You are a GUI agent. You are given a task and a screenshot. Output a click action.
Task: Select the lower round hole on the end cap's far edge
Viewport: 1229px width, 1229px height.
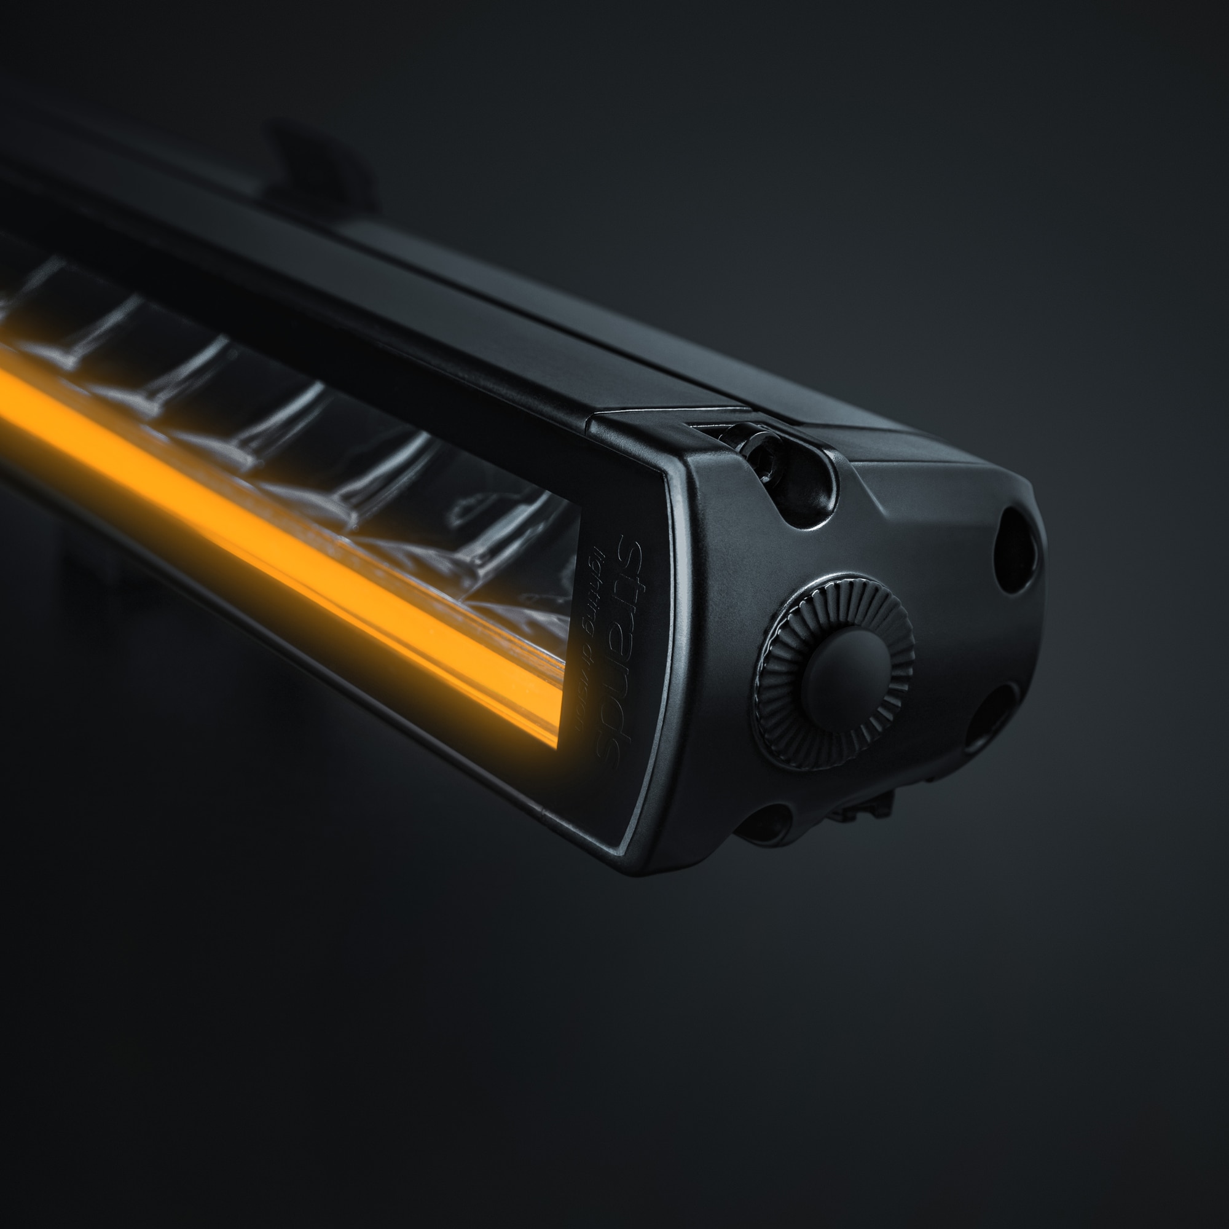tap(990, 713)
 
